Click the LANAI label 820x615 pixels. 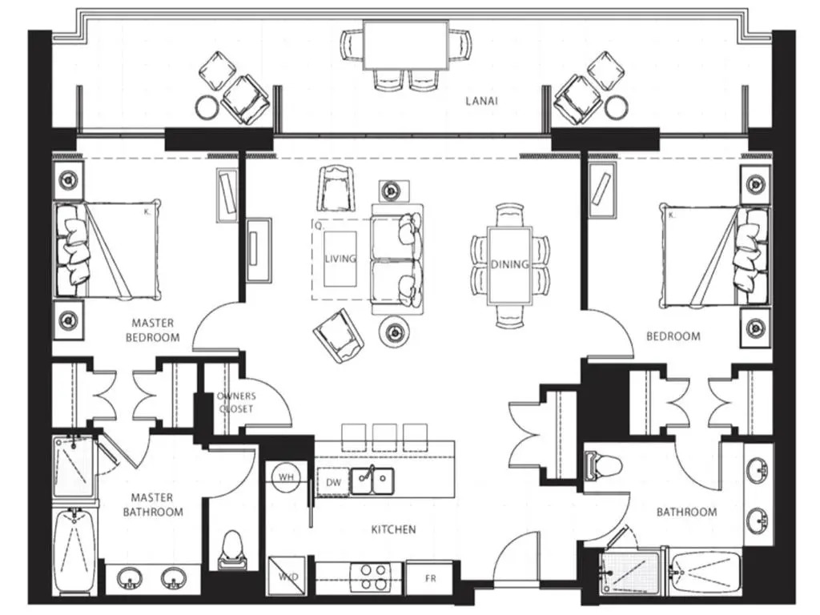tap(481, 101)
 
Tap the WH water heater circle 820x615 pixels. tap(286, 477)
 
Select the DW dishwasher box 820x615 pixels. tap(333, 482)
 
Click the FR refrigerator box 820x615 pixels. tap(430, 578)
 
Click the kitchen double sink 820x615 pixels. tap(372, 480)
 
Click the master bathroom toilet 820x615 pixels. tap(232, 551)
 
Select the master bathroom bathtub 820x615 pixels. tap(74, 550)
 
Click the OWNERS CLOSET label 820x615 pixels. tap(236, 402)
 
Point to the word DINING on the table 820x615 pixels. tap(509, 264)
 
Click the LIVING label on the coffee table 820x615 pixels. tap(340, 259)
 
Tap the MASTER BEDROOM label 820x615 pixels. tap(152, 331)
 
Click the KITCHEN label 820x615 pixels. tap(394, 530)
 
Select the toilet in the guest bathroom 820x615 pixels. tap(603, 464)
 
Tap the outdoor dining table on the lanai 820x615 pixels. tap(406, 45)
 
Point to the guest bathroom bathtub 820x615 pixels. tap(705, 572)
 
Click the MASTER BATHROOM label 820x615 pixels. tap(153, 504)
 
